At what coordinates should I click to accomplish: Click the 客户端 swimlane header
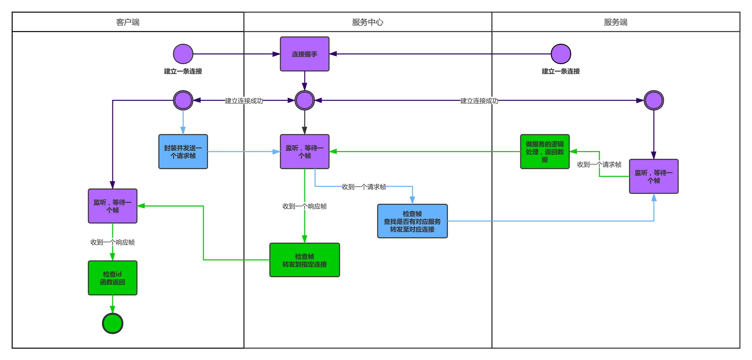pyautogui.click(x=128, y=22)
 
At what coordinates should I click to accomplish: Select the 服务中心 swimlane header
pyautogui.click(x=368, y=22)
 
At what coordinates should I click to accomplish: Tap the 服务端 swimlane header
pyautogui.click(x=615, y=22)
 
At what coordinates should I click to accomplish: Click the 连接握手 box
pyautogui.click(x=304, y=54)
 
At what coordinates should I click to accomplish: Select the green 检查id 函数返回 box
pyautogui.click(x=112, y=278)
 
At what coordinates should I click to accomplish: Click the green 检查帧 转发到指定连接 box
pyautogui.click(x=304, y=260)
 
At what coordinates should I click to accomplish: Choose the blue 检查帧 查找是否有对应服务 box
pyautogui.click(x=412, y=221)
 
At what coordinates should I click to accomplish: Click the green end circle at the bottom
pyautogui.click(x=112, y=323)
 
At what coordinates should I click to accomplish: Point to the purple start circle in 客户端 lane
pyautogui.click(x=183, y=54)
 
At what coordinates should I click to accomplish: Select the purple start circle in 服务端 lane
pyautogui.click(x=561, y=54)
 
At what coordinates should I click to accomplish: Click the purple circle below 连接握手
pyautogui.click(x=304, y=100)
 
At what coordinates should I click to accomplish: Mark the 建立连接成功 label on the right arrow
pyautogui.click(x=479, y=101)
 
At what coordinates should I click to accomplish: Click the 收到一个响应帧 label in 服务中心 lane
pyautogui.click(x=304, y=206)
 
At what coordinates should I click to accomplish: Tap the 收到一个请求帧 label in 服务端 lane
pyautogui.click(x=599, y=164)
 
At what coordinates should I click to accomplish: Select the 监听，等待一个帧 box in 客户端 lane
pyautogui.click(x=112, y=206)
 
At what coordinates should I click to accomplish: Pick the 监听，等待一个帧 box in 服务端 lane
pyautogui.click(x=654, y=176)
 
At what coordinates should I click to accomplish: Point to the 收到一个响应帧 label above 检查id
pyautogui.click(x=112, y=242)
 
